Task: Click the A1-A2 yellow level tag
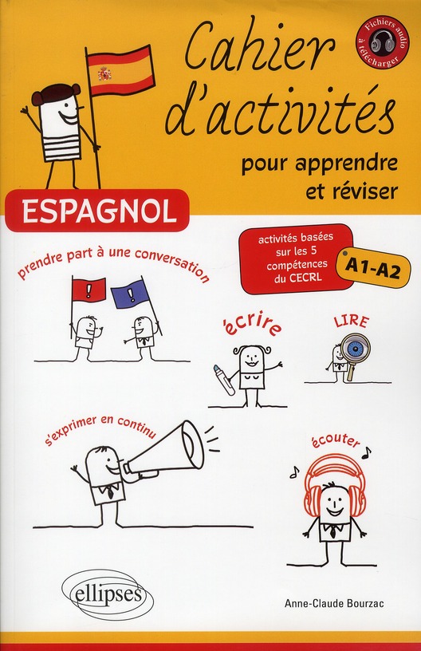pyautogui.click(x=373, y=270)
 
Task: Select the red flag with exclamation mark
pyautogui.click(x=89, y=290)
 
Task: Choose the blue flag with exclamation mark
pyautogui.click(x=130, y=294)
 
